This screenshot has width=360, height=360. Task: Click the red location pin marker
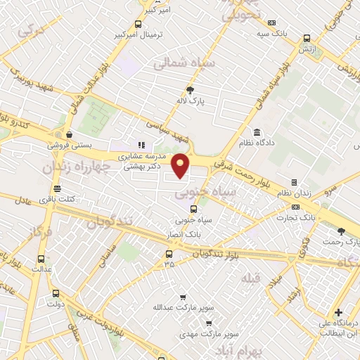[181, 165]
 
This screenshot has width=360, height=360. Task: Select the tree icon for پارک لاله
[190, 89]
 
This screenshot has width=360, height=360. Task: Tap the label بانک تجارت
[299, 218]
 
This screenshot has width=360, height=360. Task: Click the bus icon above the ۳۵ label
[169, 254]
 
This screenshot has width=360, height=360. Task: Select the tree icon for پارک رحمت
[342, 230]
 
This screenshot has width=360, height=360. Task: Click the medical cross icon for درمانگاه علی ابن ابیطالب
[338, 312]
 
